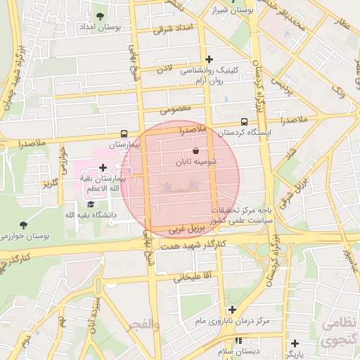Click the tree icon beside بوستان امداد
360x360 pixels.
(100, 15)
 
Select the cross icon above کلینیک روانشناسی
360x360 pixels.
(209, 60)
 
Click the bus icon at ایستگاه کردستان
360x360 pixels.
(244, 122)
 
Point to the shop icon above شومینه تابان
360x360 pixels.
(195, 150)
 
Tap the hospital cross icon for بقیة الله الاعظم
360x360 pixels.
(103, 167)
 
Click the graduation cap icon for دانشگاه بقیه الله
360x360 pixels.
(91, 203)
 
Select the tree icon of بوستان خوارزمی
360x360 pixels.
(25, 225)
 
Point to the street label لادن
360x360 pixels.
(164, 70)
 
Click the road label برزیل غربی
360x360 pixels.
(187, 229)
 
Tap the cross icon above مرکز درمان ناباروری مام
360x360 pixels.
(233, 309)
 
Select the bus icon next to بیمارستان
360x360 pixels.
(124, 134)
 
